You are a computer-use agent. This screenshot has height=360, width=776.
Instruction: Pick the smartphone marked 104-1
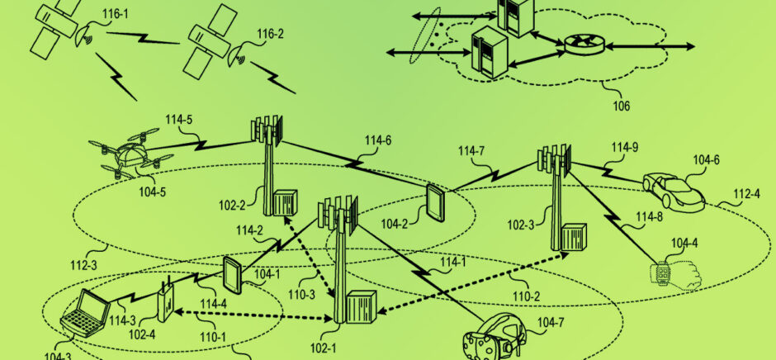[x=231, y=274]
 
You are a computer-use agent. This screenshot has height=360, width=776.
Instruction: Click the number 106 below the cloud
[x=621, y=106]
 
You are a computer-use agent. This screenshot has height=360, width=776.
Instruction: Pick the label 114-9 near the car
[x=625, y=147]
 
